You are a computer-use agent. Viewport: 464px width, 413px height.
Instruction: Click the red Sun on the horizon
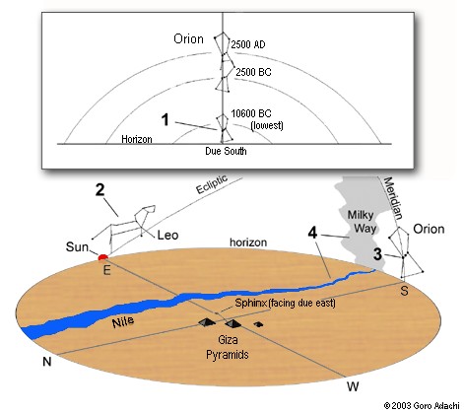click(x=103, y=257)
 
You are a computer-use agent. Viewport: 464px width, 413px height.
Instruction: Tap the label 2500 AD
click(x=248, y=44)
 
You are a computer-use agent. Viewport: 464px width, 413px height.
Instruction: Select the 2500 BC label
click(x=253, y=72)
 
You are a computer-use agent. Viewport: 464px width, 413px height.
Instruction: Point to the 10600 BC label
click(x=251, y=113)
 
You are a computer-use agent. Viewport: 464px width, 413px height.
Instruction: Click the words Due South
click(x=226, y=151)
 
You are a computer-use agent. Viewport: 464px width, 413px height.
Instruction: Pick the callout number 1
click(x=166, y=120)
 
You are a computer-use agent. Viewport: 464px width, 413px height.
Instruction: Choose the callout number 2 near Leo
click(x=99, y=190)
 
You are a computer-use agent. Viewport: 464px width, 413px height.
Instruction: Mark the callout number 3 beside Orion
click(x=377, y=254)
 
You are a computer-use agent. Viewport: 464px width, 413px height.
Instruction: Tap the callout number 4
click(x=312, y=233)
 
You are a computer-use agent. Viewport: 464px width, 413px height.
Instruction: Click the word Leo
click(x=167, y=236)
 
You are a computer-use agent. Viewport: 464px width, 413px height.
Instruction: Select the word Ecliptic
click(x=212, y=184)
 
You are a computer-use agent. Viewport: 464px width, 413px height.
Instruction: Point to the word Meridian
click(x=393, y=198)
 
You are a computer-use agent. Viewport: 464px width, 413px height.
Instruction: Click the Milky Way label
click(x=363, y=222)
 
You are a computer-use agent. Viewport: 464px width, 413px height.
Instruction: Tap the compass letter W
click(x=353, y=386)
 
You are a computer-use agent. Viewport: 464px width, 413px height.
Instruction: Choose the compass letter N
click(x=47, y=362)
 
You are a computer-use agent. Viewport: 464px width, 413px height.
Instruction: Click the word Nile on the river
click(x=123, y=322)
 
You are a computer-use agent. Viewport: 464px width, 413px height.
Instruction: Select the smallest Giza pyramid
click(x=258, y=324)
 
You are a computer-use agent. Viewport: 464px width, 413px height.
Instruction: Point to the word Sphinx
click(x=250, y=303)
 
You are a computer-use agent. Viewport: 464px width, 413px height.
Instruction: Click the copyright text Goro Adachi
click(x=436, y=406)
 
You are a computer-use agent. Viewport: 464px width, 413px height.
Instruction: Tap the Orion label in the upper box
click(x=188, y=39)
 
